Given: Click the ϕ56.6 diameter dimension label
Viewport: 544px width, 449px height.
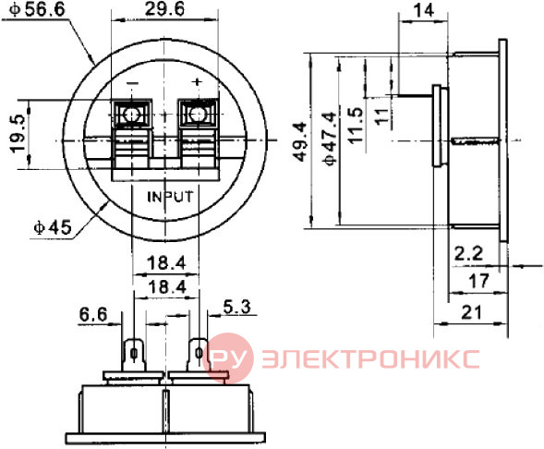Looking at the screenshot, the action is tap(38, 9).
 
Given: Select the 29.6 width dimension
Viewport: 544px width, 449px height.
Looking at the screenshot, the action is tap(164, 9).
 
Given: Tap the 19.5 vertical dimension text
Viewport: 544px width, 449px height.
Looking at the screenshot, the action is tap(18, 134).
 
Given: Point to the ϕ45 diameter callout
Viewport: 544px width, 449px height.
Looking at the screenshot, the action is tap(53, 227).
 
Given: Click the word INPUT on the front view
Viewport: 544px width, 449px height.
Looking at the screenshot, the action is tap(170, 197).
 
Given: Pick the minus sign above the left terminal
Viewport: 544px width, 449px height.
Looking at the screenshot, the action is tap(132, 83).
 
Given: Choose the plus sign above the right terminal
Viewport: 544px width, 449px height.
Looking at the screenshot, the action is tap(197, 82).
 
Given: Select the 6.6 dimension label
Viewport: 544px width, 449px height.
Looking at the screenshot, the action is tap(93, 315).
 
